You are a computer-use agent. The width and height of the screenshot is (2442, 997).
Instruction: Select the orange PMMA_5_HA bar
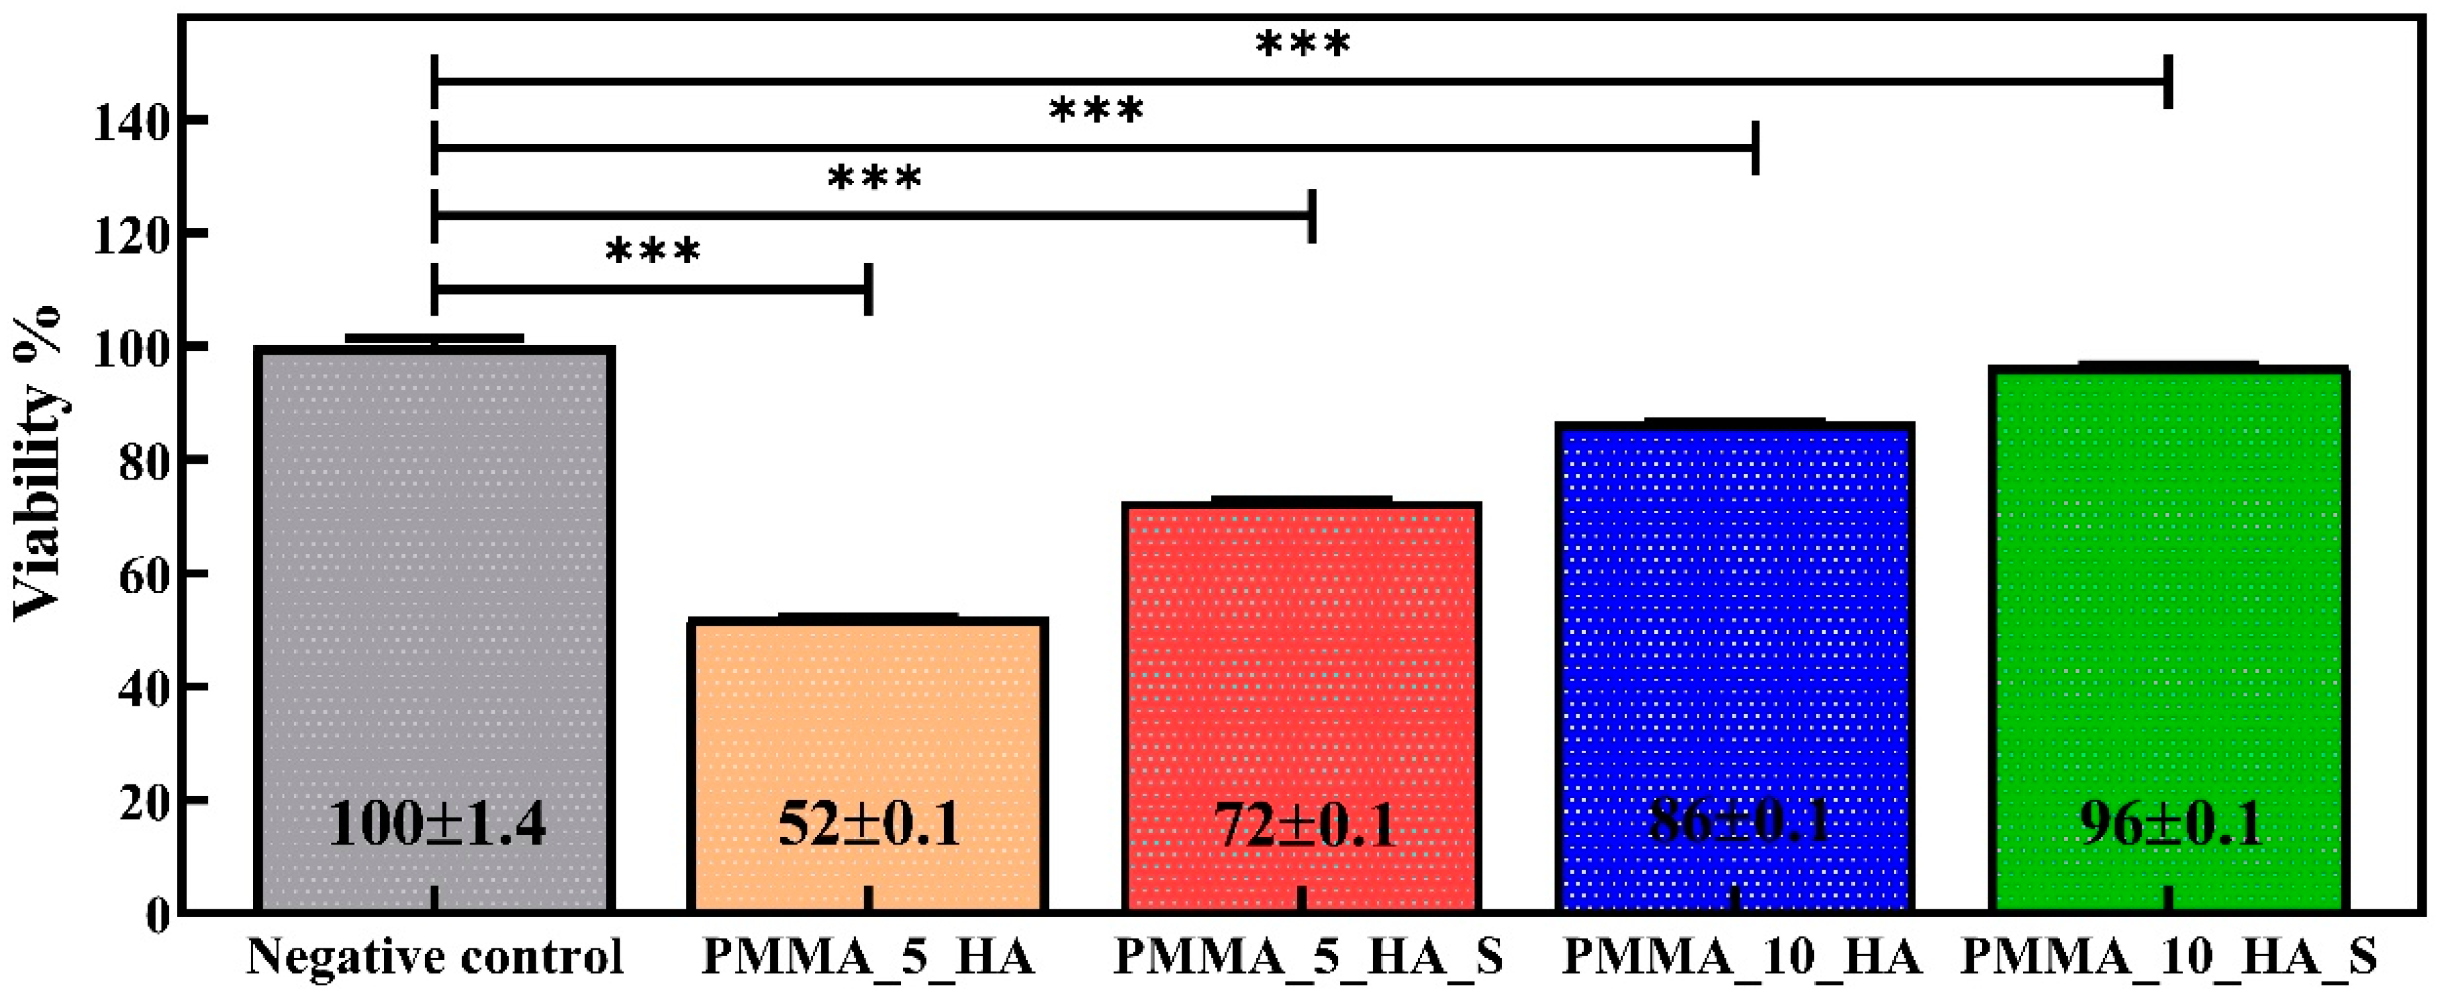(x=868, y=720)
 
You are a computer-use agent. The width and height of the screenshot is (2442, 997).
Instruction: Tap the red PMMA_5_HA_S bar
(x=1301, y=663)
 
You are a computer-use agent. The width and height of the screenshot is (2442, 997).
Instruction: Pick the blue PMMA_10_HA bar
(x=1735, y=616)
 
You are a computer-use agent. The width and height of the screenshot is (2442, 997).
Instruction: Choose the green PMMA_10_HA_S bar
(x=2169, y=588)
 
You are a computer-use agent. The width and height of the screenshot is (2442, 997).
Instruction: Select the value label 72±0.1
(x=1305, y=825)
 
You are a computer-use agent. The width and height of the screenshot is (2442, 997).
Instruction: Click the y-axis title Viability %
(x=38, y=464)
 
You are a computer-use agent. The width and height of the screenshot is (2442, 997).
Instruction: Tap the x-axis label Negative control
(x=435, y=957)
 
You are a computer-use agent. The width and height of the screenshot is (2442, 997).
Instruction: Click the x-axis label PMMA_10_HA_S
(x=2169, y=957)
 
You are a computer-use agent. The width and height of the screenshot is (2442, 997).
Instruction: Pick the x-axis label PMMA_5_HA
(x=868, y=957)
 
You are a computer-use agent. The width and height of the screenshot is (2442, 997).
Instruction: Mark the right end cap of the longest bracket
(x=2168, y=81)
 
